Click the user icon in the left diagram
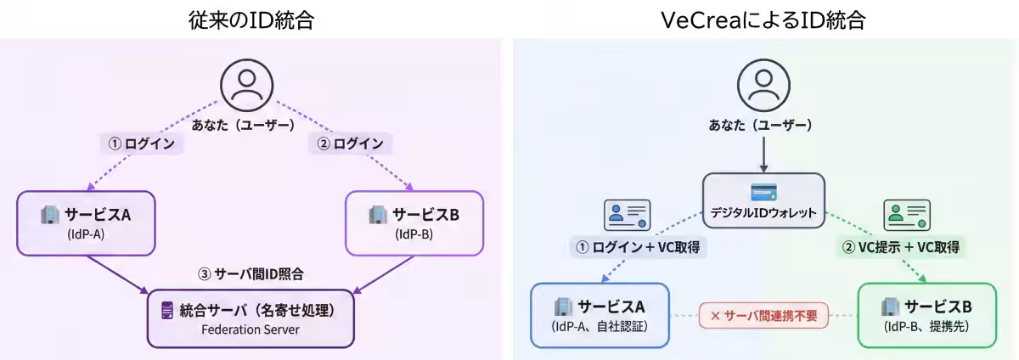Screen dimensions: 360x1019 pyautogui.click(x=246, y=85)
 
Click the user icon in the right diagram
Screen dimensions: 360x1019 pyautogui.click(x=763, y=85)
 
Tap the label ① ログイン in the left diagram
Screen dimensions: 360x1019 pyautogui.click(x=142, y=143)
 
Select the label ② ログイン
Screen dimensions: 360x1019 pyautogui.click(x=350, y=143)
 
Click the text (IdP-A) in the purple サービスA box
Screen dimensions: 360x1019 pyautogui.click(x=85, y=234)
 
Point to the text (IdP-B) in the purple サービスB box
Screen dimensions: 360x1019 pyautogui.click(x=414, y=234)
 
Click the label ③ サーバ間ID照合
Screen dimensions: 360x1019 pyautogui.click(x=251, y=274)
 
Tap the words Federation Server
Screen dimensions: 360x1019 pyautogui.click(x=251, y=329)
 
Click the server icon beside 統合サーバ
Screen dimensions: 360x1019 pyautogui.click(x=166, y=311)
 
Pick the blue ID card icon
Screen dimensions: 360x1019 pyautogui.click(x=627, y=215)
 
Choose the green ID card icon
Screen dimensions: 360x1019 pyautogui.click(x=907, y=215)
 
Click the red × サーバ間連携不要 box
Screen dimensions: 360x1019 pyautogui.click(x=763, y=315)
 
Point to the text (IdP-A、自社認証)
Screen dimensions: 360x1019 pyautogui.click(x=600, y=327)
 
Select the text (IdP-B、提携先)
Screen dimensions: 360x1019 pyautogui.click(x=926, y=327)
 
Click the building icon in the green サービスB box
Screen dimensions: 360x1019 pyautogui.click(x=890, y=307)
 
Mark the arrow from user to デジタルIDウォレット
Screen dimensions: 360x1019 pyautogui.click(x=763, y=156)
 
